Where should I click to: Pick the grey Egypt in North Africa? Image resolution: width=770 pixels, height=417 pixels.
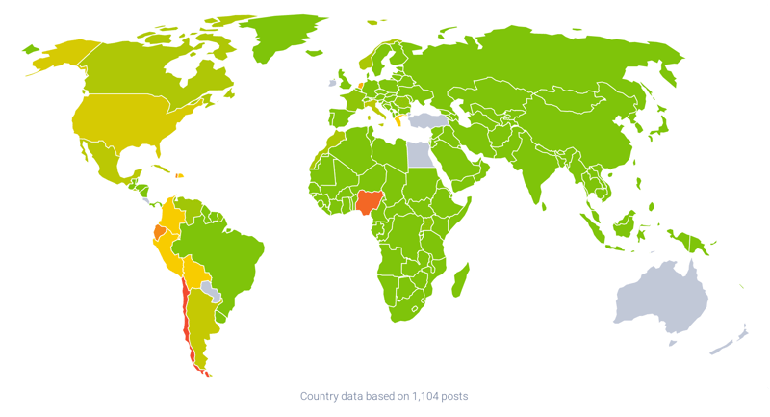(419, 153)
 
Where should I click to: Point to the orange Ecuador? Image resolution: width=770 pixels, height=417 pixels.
(159, 233)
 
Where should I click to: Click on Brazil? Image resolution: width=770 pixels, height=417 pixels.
(226, 250)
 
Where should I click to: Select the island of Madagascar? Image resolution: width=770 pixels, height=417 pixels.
(460, 279)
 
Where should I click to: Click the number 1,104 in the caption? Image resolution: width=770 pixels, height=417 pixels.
(423, 396)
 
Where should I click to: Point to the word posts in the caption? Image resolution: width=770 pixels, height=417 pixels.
(456, 396)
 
